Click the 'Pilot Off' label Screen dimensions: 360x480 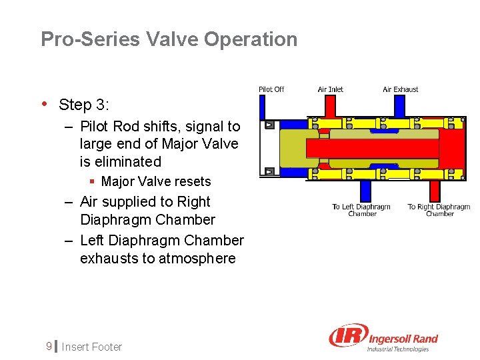(271, 89)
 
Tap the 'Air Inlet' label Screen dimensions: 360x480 (330, 89)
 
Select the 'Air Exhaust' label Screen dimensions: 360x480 (400, 89)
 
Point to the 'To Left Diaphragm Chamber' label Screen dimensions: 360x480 (361, 210)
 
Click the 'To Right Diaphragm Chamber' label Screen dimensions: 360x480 (439, 210)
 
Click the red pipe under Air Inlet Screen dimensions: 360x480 (330, 105)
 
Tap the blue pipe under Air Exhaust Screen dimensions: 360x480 (399, 105)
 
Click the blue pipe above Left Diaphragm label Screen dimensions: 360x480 (364, 191)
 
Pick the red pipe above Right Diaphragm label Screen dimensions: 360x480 (434, 191)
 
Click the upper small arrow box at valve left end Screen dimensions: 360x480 (269, 125)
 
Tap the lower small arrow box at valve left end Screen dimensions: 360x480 (269, 171)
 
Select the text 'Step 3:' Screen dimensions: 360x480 (84, 105)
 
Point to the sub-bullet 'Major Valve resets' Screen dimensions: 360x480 (155, 181)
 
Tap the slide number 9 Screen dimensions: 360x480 (48, 347)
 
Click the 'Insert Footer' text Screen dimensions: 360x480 (92, 347)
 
